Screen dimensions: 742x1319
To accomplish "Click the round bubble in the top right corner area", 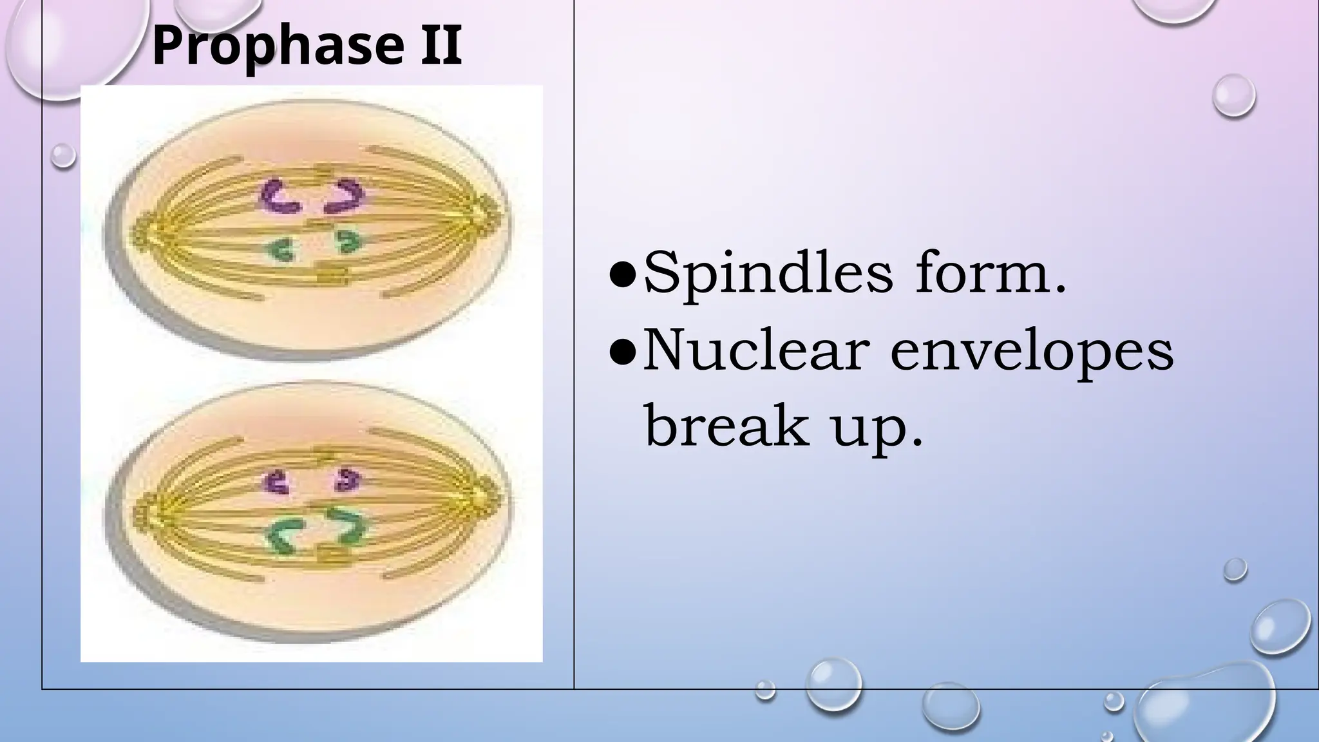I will pos(1233,95).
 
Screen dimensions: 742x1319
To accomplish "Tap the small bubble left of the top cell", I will pos(63,156).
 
